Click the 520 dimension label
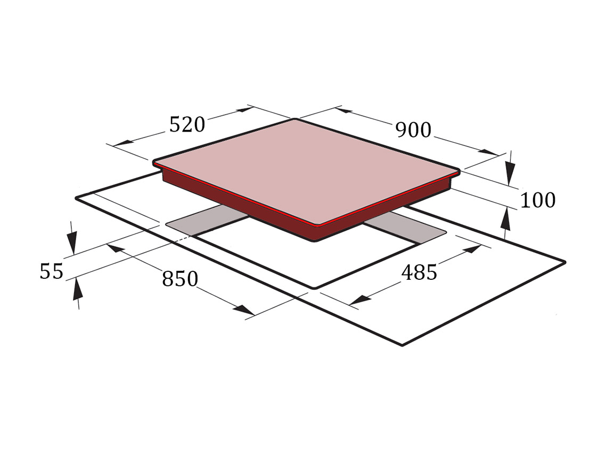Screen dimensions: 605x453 187,125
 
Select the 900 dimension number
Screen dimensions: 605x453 413,130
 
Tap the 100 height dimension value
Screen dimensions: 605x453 538,200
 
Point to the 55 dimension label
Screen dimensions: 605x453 51,271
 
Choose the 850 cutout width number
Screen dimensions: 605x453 180,278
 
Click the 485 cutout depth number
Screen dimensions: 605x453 420,272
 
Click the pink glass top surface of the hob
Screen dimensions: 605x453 307,171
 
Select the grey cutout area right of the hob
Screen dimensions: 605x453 405,228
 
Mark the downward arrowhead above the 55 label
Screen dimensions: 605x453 72,242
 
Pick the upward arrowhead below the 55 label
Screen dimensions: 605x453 77,289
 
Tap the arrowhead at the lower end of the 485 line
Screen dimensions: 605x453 359,300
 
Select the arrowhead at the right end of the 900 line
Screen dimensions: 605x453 489,152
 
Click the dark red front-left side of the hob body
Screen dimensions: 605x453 239,205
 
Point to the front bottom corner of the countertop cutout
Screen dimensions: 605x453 315,288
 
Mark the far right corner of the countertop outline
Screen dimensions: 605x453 565,262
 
